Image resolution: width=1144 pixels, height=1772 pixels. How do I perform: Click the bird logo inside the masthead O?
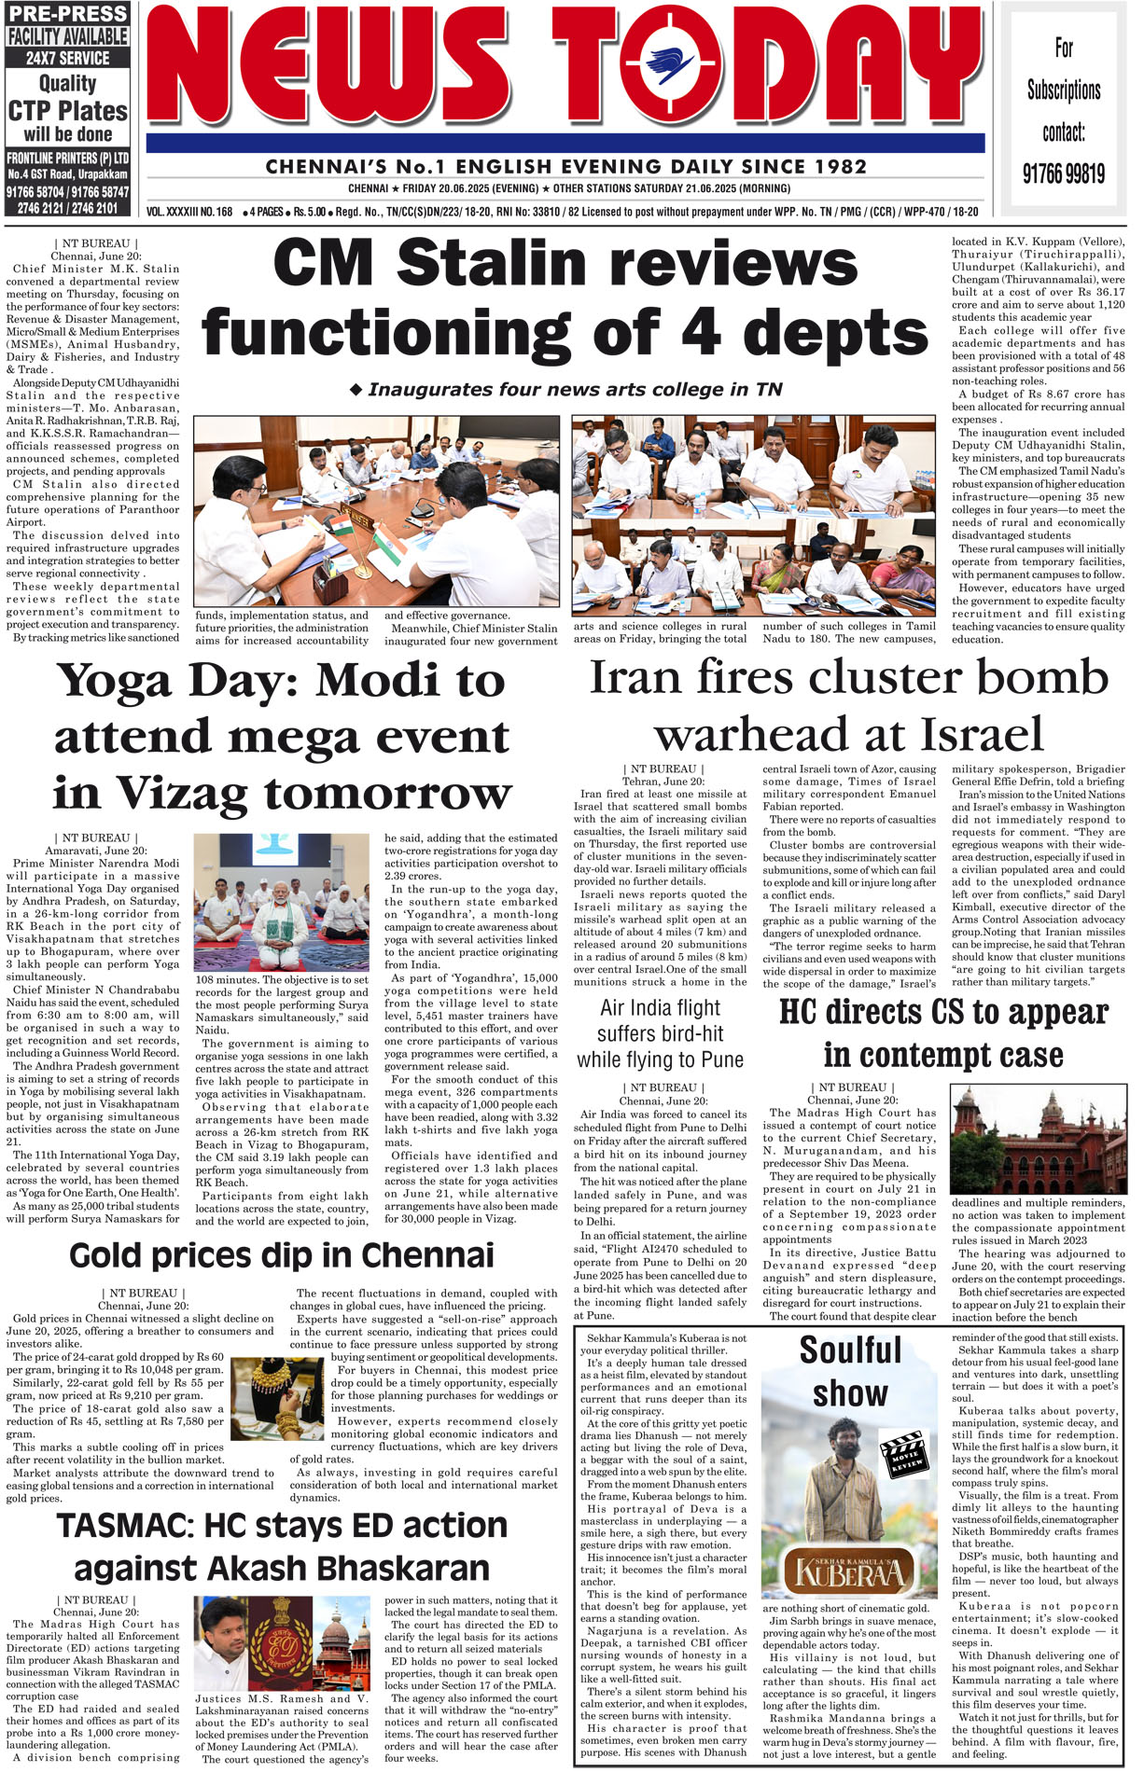pyautogui.click(x=670, y=68)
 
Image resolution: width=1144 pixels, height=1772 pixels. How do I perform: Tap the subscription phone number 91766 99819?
pyautogui.click(x=1063, y=173)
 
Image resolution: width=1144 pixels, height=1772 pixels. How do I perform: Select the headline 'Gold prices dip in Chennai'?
pyautogui.click(x=282, y=1255)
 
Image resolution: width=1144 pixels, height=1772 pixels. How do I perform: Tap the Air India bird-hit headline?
pyautogui.click(x=660, y=1033)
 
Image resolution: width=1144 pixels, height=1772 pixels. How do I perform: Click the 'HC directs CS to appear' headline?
pyautogui.click(x=943, y=1013)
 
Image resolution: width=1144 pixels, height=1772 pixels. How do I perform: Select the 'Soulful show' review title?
pyautogui.click(x=850, y=1371)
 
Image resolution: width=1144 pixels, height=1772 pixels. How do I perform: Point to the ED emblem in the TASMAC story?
pyautogui.click(x=286, y=1640)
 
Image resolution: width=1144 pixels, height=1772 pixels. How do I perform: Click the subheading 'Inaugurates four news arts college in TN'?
pyautogui.click(x=566, y=390)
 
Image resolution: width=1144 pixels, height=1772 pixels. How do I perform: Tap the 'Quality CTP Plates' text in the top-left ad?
pyautogui.click(x=67, y=98)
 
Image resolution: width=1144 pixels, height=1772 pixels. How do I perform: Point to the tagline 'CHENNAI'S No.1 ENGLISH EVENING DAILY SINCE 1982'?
pyautogui.click(x=566, y=167)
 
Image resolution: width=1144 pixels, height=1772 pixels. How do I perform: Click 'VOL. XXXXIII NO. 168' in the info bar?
pyautogui.click(x=189, y=212)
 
